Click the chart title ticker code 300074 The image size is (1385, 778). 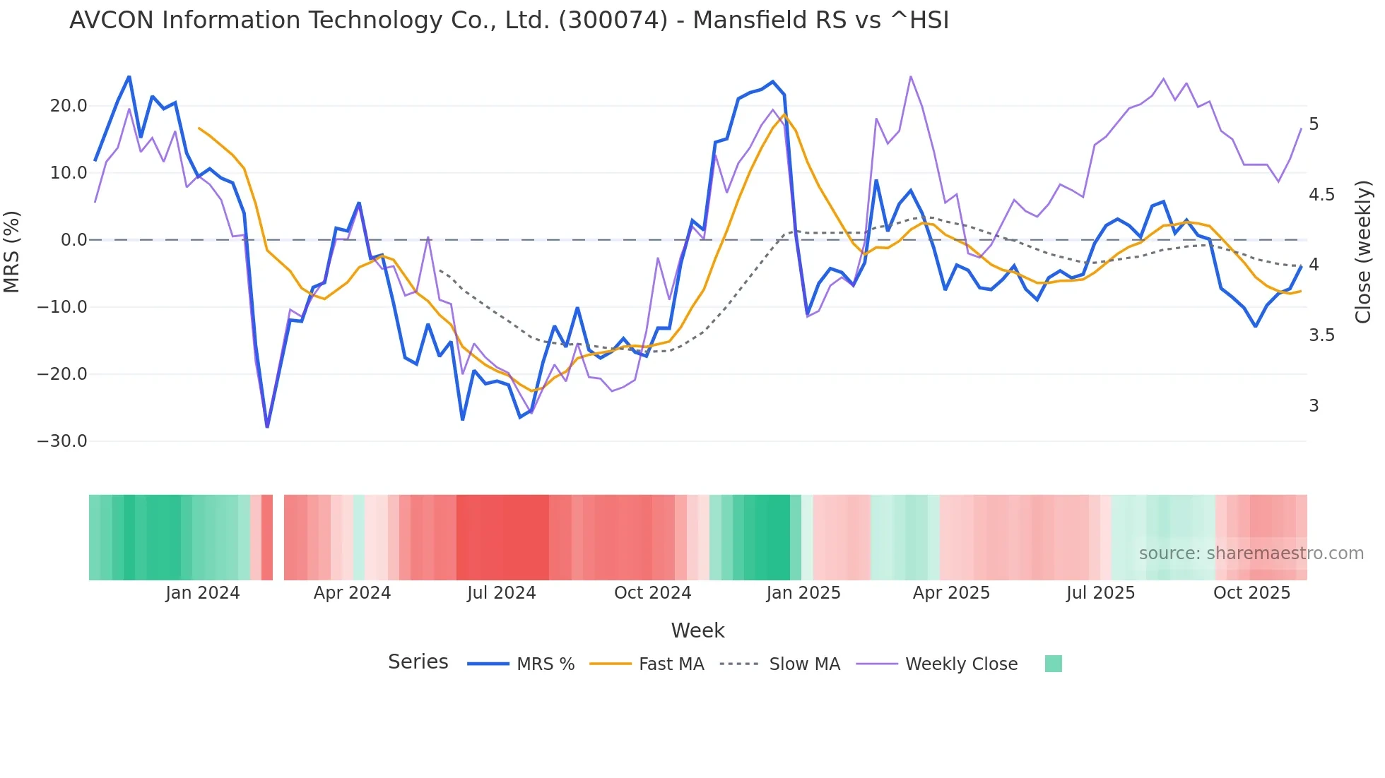(x=613, y=20)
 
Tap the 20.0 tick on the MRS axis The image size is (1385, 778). (x=69, y=106)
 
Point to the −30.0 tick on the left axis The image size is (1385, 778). (x=62, y=441)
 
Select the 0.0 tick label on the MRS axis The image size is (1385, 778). (x=73, y=240)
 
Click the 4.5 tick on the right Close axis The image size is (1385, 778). (x=1321, y=195)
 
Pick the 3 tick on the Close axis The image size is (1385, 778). (x=1314, y=406)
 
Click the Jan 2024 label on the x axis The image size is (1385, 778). (x=203, y=593)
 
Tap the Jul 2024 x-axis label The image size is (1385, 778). (x=501, y=593)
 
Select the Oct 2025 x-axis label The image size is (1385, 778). (x=1251, y=593)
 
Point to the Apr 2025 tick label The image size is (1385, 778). (x=951, y=593)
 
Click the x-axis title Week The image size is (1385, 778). (x=697, y=630)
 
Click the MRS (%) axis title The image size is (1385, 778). (x=12, y=251)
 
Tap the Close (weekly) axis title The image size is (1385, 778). (x=1363, y=251)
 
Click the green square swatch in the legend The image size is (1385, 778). (x=1053, y=664)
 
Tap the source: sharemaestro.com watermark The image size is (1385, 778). (x=1251, y=553)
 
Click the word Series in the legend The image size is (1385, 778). (x=418, y=662)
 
